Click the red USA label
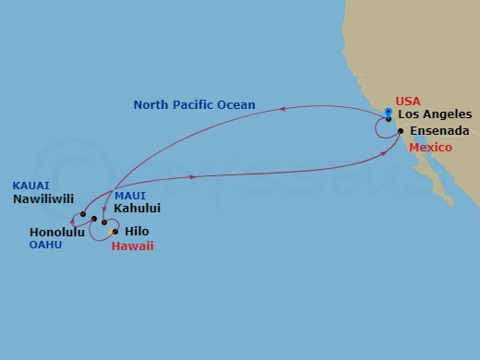click(x=407, y=102)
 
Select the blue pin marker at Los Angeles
click(x=389, y=113)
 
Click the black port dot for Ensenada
click(x=400, y=131)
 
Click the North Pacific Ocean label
click(x=194, y=105)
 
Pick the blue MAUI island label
click(x=130, y=196)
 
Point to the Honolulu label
click(x=56, y=232)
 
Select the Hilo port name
click(x=137, y=231)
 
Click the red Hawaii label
click(x=132, y=246)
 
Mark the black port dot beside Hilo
click(x=114, y=231)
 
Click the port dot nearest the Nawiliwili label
click(x=82, y=214)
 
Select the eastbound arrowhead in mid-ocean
click(x=192, y=176)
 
